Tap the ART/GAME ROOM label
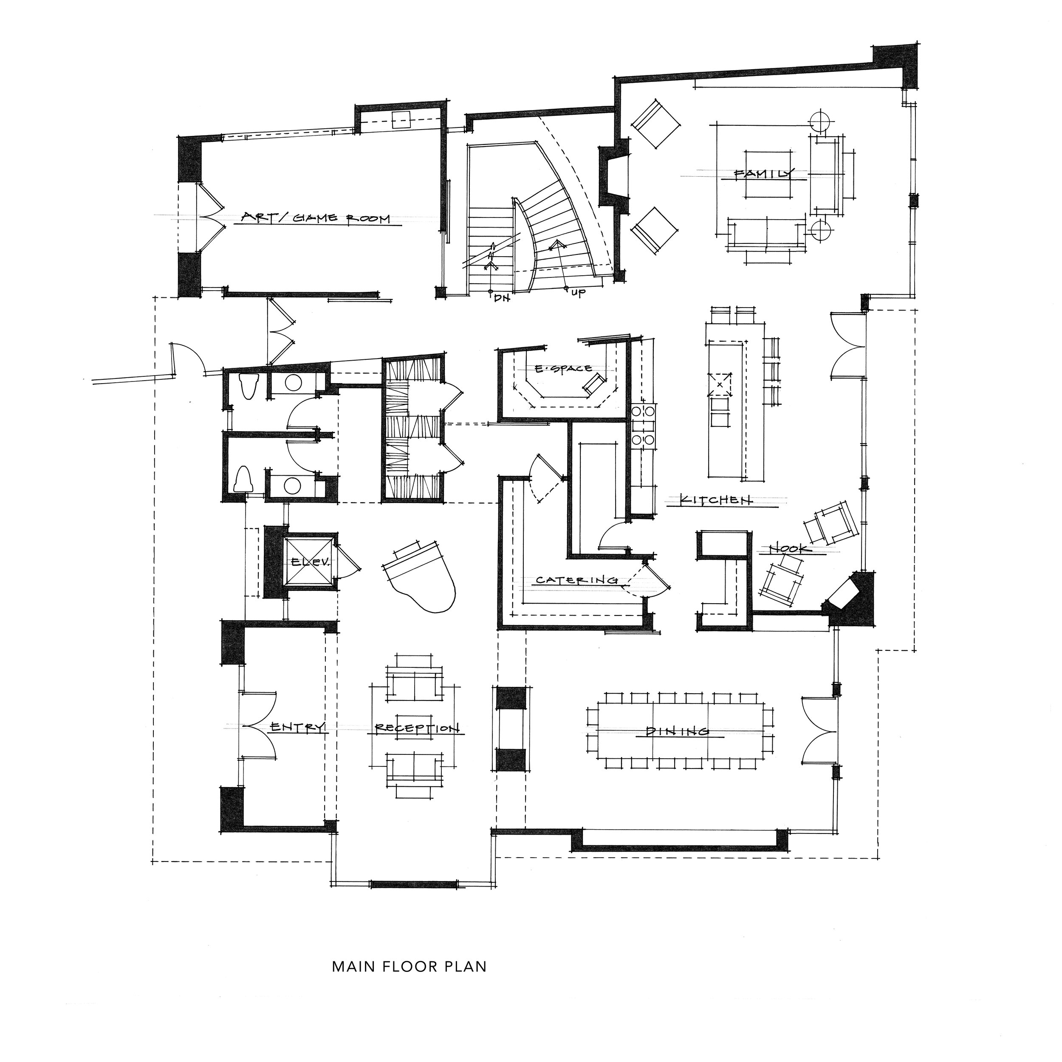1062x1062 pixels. [x=316, y=218]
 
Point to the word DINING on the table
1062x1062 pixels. [x=678, y=731]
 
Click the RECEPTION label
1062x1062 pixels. [x=417, y=729]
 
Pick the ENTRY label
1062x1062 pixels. [x=297, y=727]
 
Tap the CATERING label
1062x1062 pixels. [x=576, y=580]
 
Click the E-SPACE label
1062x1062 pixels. [x=563, y=369]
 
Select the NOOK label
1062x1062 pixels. [x=790, y=548]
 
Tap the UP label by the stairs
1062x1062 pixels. [x=578, y=293]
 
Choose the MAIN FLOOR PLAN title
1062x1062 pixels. [x=410, y=982]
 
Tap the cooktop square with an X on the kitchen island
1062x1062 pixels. [x=720, y=384]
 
